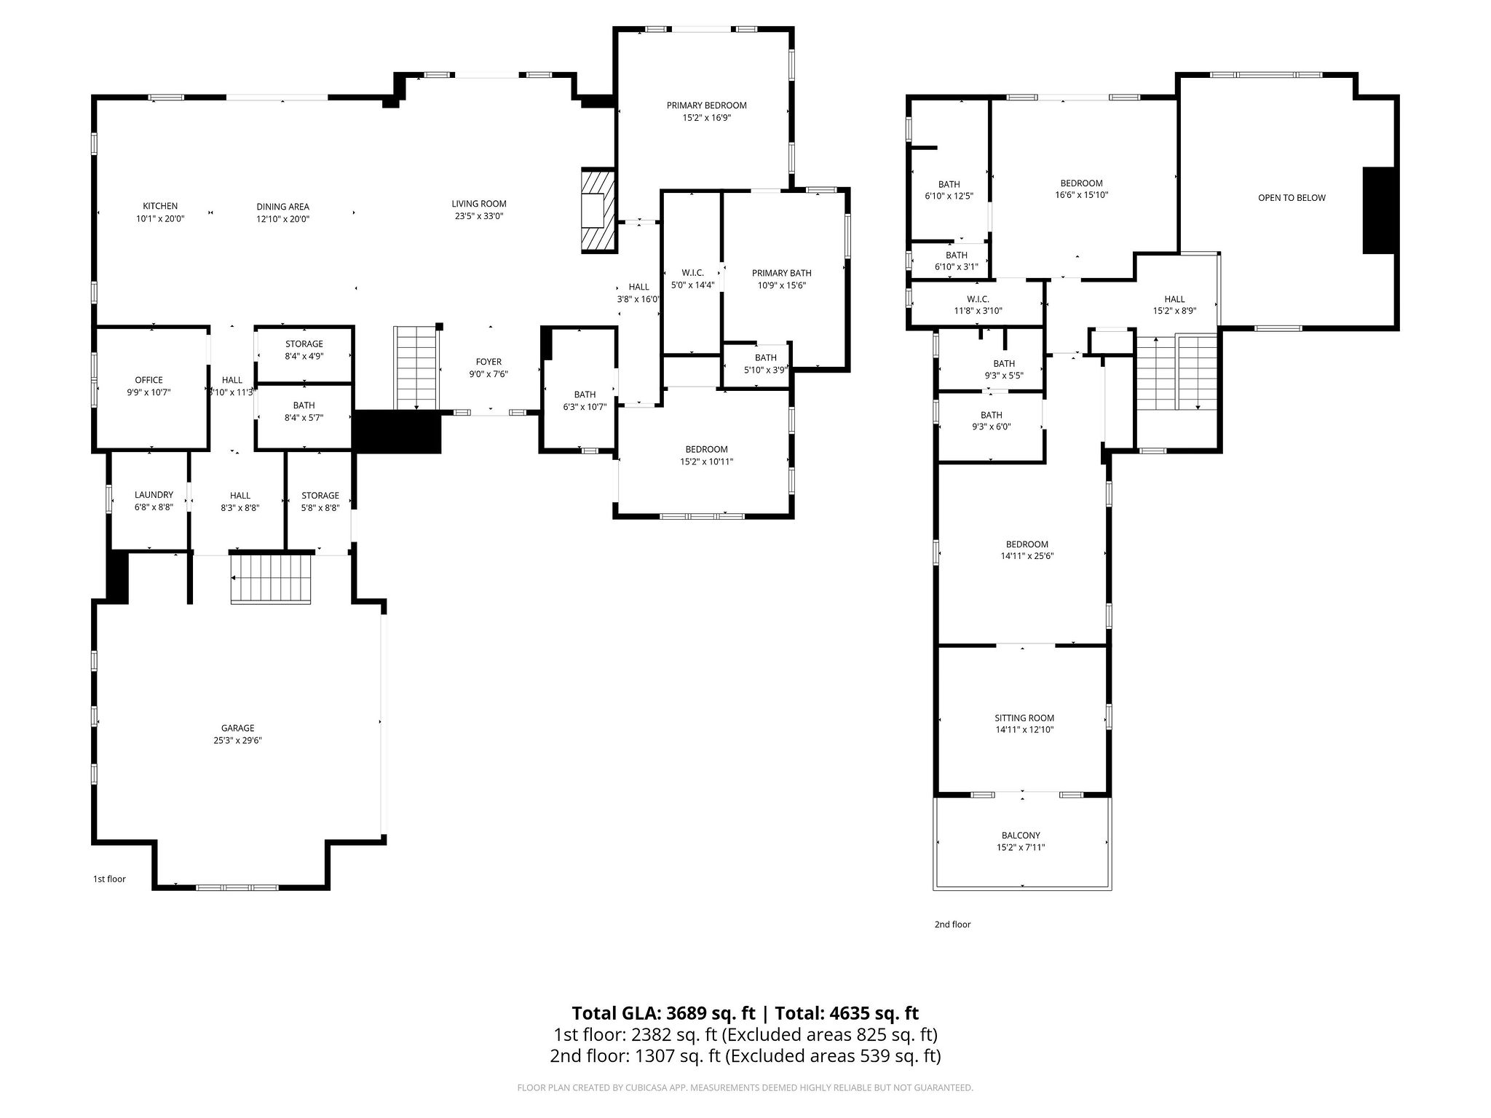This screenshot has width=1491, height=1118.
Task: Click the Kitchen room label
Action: tap(160, 206)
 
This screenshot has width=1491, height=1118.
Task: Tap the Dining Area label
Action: tap(282, 207)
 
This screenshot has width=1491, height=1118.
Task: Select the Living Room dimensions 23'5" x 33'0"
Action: tap(478, 216)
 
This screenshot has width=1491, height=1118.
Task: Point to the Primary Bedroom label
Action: tap(706, 106)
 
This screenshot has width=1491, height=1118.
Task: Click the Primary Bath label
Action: tap(781, 273)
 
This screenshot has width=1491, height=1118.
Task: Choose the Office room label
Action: tap(149, 380)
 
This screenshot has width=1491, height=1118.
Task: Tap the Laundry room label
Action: tap(154, 495)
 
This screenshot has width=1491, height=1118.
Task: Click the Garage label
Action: tap(237, 728)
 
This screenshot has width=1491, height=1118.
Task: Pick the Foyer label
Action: tap(489, 362)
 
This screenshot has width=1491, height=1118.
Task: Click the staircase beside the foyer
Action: tap(416, 368)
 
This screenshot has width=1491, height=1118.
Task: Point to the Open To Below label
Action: tap(1292, 197)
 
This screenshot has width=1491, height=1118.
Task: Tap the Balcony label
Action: tap(1021, 836)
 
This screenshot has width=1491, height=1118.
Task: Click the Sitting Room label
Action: tap(1024, 718)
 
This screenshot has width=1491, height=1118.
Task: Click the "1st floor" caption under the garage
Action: tap(109, 879)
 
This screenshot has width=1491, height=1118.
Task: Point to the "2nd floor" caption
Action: tap(952, 924)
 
